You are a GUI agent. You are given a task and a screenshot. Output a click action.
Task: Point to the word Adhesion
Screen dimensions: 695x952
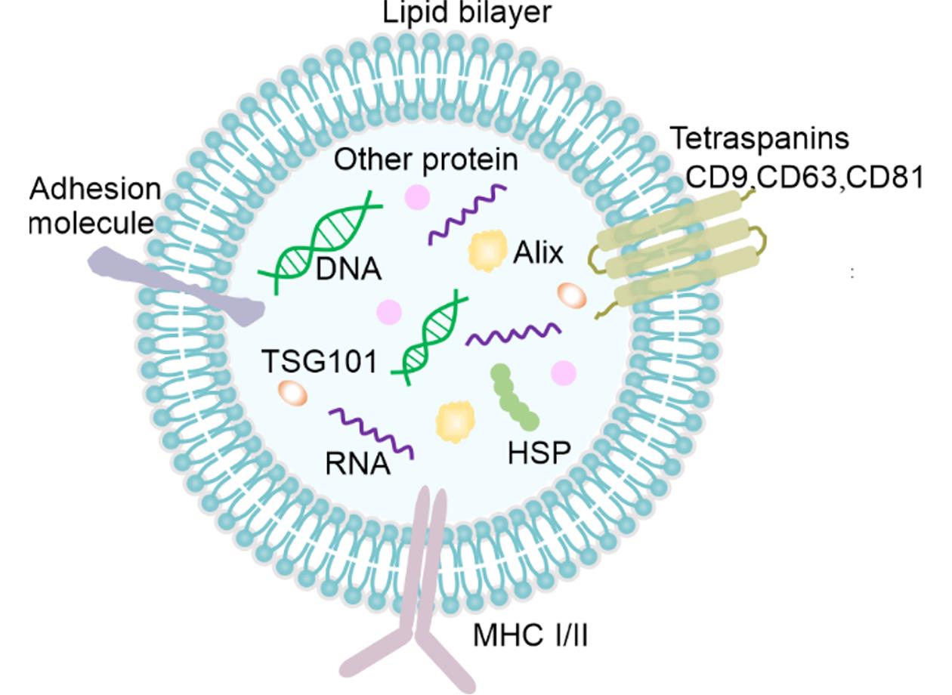95,189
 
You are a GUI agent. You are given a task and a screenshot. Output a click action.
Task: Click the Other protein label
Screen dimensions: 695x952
425,160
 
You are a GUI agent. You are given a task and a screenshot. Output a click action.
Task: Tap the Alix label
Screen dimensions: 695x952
538,254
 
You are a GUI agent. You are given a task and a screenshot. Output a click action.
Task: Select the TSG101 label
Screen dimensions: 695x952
318,361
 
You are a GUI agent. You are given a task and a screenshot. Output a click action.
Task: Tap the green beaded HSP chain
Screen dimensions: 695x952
515,397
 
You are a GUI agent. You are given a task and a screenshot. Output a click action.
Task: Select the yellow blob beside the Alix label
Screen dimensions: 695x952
487,252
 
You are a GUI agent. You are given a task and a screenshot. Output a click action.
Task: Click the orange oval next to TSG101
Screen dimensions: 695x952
292,393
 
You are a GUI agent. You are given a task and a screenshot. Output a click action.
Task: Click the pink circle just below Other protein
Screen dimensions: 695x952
417,199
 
